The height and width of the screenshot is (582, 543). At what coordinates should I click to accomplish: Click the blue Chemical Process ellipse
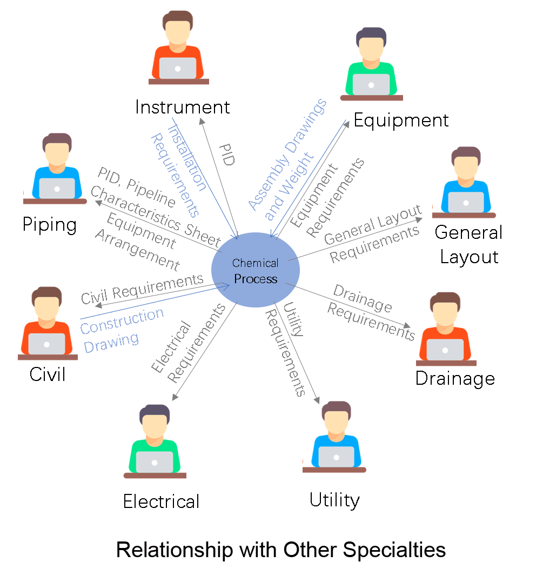click(255, 271)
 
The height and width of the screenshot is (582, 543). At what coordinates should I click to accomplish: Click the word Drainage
click(363, 298)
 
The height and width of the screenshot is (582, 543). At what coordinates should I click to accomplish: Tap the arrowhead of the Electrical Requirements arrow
click(174, 398)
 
